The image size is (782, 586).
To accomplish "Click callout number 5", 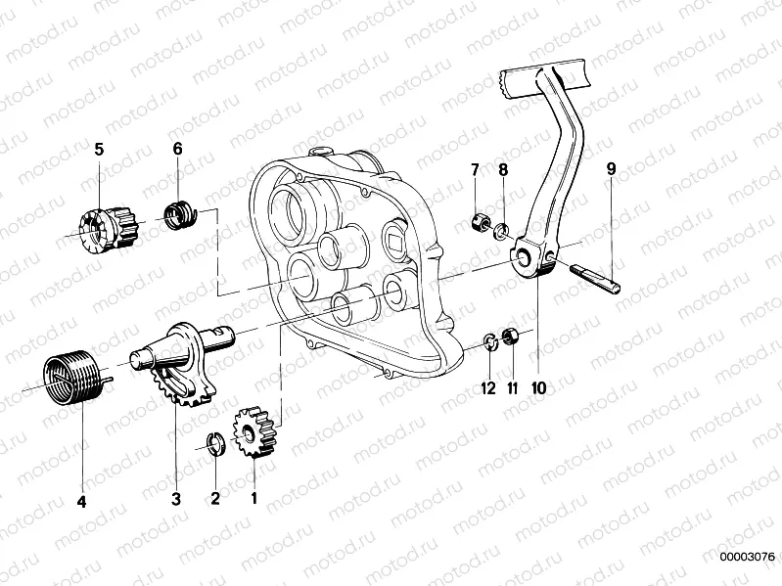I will click(x=98, y=149).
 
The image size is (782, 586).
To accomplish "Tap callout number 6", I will click(x=177, y=149).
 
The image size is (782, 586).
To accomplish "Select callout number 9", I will click(x=611, y=169).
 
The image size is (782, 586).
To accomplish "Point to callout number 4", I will click(x=81, y=502).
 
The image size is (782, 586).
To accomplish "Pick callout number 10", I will click(x=537, y=387).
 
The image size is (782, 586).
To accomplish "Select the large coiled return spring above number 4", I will click(x=72, y=377).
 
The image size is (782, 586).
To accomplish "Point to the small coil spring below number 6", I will click(x=177, y=212).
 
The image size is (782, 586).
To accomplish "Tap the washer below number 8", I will click(x=499, y=231).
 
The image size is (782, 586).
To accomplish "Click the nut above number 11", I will click(x=509, y=338).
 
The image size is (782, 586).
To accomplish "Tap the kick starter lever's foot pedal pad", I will click(x=544, y=77).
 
